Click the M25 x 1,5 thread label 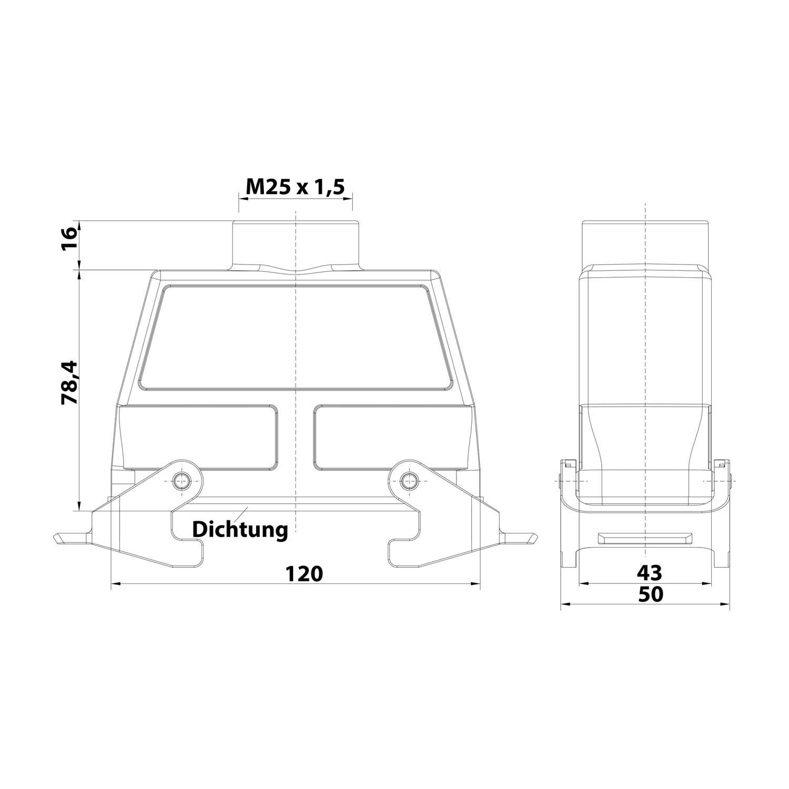pos(295,187)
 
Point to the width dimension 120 pos(304,573)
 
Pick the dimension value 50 pos(650,594)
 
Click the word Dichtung pos(240,529)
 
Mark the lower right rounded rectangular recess pos(392,437)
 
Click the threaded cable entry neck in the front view pos(296,245)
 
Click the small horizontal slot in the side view pos(645,538)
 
